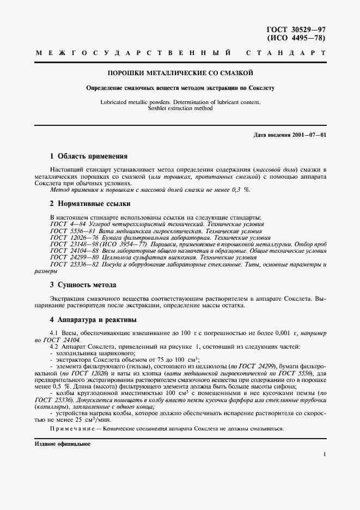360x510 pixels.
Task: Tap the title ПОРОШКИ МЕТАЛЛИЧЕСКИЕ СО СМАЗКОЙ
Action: tap(180, 72)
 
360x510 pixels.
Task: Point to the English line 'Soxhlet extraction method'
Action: tap(180, 108)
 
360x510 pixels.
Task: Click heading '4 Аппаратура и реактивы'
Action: tap(93, 319)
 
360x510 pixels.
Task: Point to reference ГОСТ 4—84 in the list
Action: tap(66, 224)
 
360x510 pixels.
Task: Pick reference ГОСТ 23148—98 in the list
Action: tap(72, 245)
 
